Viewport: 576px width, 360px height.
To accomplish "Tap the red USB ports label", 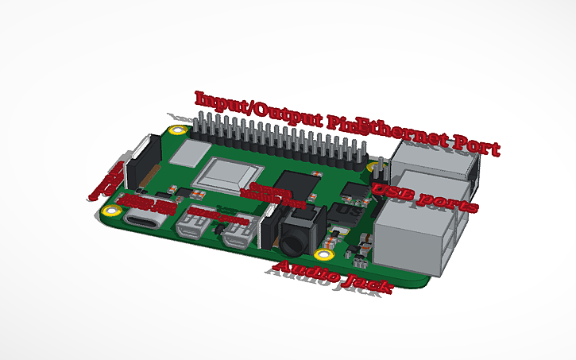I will [425, 197].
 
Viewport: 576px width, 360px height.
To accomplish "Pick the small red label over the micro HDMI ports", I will [213, 215].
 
